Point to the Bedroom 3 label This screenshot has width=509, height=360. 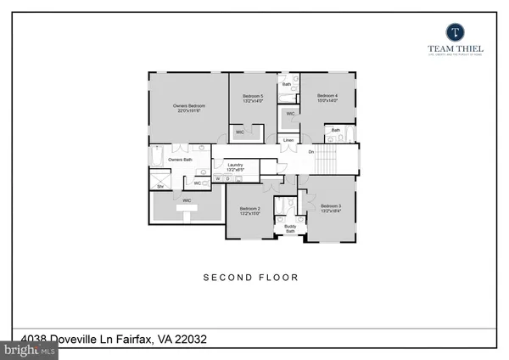point(330,207)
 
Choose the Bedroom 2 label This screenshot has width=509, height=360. point(249,211)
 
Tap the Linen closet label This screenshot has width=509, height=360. point(288,139)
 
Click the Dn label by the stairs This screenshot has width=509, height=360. point(311,152)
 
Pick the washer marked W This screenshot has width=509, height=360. point(217,179)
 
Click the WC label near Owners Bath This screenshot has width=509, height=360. point(197,183)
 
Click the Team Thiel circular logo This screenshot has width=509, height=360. point(453,31)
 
